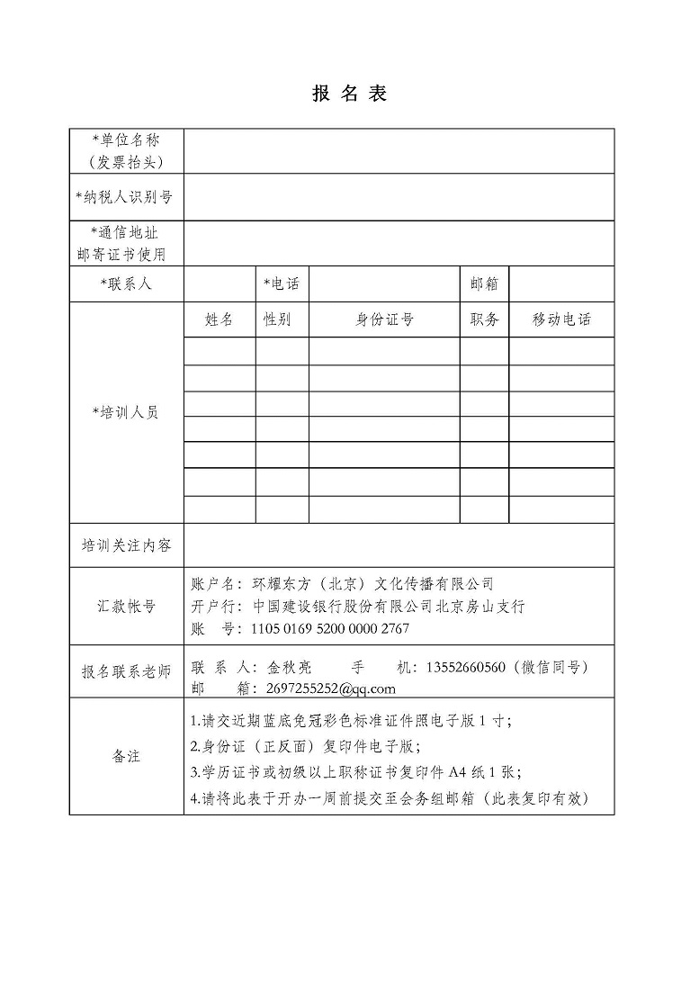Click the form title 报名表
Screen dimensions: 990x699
349,94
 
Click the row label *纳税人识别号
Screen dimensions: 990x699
126,197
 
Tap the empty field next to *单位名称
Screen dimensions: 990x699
399,150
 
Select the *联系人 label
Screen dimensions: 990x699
126,284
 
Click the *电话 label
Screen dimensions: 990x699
282,284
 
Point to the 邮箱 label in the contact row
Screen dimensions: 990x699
484,284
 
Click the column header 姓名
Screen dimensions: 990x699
220,319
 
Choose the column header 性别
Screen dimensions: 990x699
277,319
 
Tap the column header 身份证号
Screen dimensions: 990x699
384,319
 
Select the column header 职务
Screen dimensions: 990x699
484,319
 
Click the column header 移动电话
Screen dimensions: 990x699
561,319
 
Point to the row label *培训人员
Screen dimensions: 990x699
126,412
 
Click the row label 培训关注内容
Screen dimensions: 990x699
126,545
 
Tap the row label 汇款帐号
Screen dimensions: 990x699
126,606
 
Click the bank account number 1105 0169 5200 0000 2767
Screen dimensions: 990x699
329,628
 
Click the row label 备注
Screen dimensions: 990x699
126,756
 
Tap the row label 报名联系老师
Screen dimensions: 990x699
126,672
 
